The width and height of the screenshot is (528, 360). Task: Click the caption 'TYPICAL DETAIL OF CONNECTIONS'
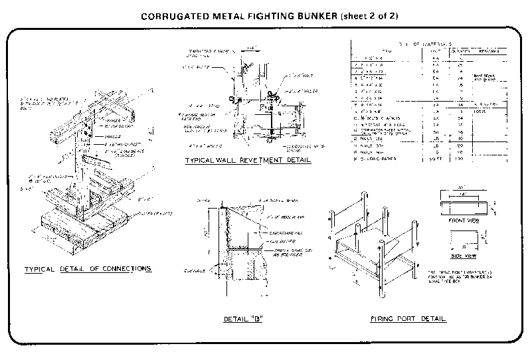[88, 269]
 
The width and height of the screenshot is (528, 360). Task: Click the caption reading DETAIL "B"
[243, 319]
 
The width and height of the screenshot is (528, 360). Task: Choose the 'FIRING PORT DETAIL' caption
[407, 319]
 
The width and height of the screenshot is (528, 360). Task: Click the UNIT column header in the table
[436, 50]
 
